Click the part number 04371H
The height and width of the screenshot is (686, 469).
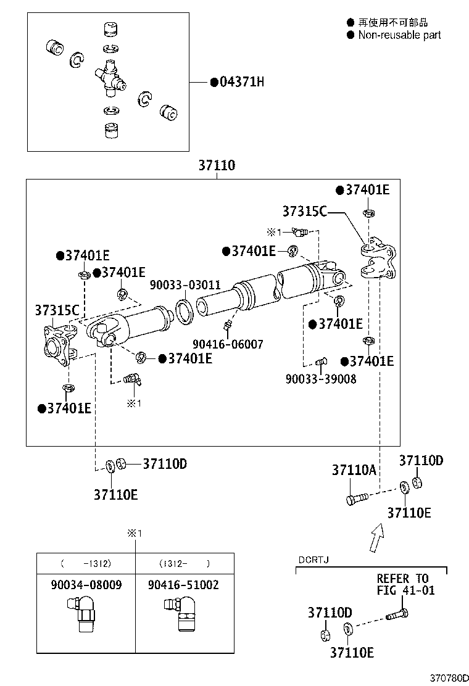[241, 82]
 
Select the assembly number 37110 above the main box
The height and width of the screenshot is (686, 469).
[217, 166]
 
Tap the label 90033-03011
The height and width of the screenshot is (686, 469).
[185, 284]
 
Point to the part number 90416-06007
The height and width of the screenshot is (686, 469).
[228, 344]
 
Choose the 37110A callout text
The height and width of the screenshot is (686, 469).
[354, 470]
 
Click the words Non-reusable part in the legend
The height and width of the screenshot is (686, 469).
[399, 35]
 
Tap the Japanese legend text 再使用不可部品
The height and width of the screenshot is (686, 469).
[392, 22]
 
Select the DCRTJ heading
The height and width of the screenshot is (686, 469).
[313, 560]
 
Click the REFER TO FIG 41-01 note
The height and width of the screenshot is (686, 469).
[405, 584]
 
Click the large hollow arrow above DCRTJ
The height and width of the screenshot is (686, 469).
[376, 538]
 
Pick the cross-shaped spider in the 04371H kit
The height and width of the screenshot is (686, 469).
[110, 78]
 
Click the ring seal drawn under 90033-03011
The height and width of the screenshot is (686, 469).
[185, 310]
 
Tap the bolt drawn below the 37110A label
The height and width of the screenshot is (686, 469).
[356, 497]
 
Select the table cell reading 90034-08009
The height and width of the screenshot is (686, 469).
[86, 584]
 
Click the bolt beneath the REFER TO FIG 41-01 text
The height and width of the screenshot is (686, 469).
[397, 614]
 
